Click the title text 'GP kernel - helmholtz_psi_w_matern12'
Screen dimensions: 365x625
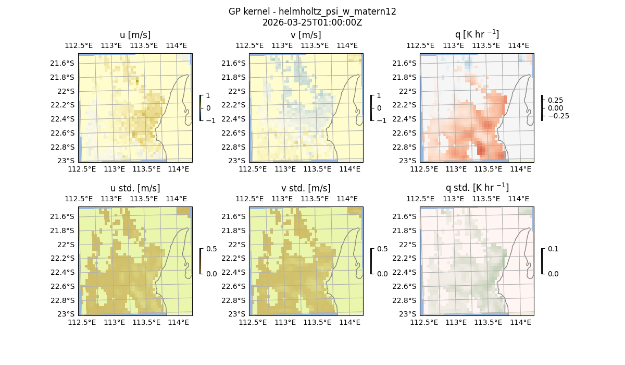(x=312, y=11)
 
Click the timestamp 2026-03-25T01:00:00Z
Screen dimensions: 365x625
(x=312, y=22)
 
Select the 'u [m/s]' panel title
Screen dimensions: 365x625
(x=135, y=35)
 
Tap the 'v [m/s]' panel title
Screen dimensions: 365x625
(x=306, y=35)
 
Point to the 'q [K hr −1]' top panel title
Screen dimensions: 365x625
(x=477, y=34)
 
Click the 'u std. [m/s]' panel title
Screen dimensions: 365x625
(x=135, y=188)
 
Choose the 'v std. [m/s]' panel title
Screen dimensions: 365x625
(x=306, y=188)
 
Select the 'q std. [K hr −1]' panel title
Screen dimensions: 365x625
(x=477, y=188)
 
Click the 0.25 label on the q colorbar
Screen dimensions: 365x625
(x=556, y=100)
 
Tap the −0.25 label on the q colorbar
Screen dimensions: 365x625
(x=558, y=116)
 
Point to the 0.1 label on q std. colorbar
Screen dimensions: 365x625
(x=552, y=249)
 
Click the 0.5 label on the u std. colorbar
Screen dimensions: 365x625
(x=211, y=249)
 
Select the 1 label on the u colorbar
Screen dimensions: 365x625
(x=208, y=96)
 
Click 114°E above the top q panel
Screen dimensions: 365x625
(x=518, y=45)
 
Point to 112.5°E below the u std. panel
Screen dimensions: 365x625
(x=82, y=322)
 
